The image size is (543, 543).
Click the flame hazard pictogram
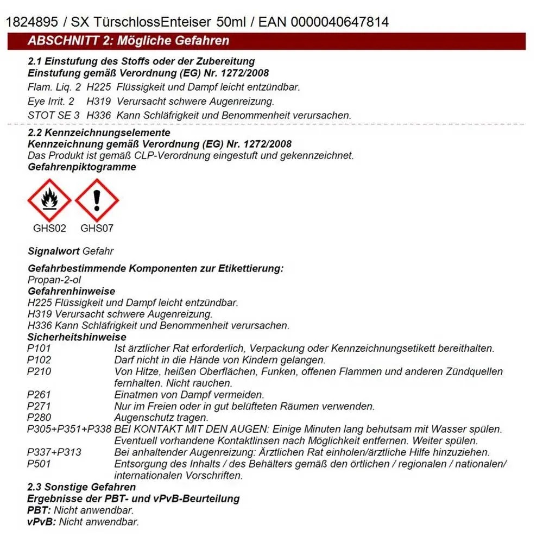(49, 200)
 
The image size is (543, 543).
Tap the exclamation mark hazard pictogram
(97, 200)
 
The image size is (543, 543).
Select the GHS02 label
(49, 228)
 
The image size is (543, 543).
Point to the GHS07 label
(97, 228)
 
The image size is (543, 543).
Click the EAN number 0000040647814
(340, 22)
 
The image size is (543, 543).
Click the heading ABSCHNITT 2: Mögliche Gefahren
(128, 41)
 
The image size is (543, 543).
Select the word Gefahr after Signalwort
(98, 251)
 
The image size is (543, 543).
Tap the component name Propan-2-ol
(54, 279)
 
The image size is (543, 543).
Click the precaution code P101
(39, 349)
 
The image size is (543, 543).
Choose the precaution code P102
(39, 360)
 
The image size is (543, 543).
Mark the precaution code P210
(39, 372)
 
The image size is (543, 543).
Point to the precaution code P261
(39, 395)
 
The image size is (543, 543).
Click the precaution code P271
(39, 406)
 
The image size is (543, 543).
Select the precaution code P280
(39, 418)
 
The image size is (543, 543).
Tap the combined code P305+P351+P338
(68, 429)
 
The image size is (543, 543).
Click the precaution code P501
(39, 464)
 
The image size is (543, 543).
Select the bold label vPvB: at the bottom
(42, 522)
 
